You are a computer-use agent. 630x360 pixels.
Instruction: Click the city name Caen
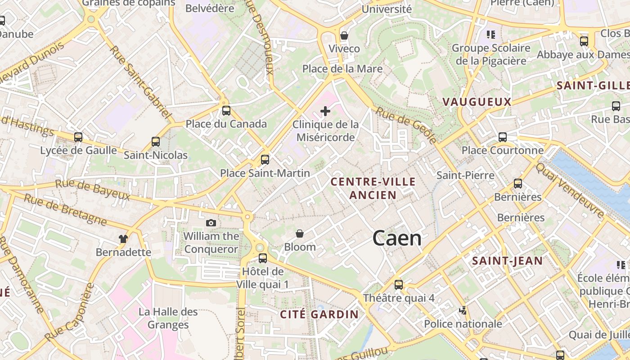[397, 238]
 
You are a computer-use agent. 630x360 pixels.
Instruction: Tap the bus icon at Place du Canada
[226, 111]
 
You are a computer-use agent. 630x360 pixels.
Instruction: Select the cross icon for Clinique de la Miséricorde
[325, 111]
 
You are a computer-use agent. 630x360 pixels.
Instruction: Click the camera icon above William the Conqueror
[211, 223]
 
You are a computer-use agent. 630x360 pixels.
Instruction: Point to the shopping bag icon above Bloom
[300, 234]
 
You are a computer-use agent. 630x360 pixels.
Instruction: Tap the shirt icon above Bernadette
[123, 238]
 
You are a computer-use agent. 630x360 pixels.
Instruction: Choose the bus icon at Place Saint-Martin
[265, 159]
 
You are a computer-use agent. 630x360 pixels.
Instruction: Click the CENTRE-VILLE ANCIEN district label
[373, 188]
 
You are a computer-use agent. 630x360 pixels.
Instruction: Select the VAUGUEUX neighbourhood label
[477, 102]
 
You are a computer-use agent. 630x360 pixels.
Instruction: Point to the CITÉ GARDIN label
[319, 314]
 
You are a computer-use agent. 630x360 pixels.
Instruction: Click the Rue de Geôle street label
[406, 125]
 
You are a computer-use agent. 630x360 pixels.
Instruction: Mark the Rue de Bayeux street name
[92, 190]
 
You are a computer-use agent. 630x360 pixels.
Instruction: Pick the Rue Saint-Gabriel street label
[141, 83]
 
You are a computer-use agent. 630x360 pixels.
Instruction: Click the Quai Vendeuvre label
[569, 190]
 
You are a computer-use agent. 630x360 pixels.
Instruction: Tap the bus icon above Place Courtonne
[503, 137]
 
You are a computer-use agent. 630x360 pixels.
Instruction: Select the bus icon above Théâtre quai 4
[399, 284]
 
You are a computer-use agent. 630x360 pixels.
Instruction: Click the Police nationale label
[463, 324]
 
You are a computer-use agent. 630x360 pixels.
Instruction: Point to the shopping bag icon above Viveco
[344, 35]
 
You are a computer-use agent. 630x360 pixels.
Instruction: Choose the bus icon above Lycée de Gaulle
[78, 137]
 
